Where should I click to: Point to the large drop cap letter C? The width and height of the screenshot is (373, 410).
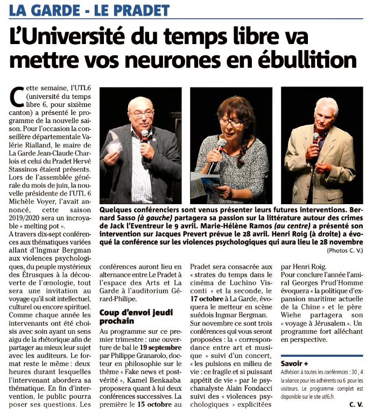[16, 96]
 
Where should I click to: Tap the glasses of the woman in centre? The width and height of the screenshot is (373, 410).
[231, 123]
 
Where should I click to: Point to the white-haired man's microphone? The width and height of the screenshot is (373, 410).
[316, 139]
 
